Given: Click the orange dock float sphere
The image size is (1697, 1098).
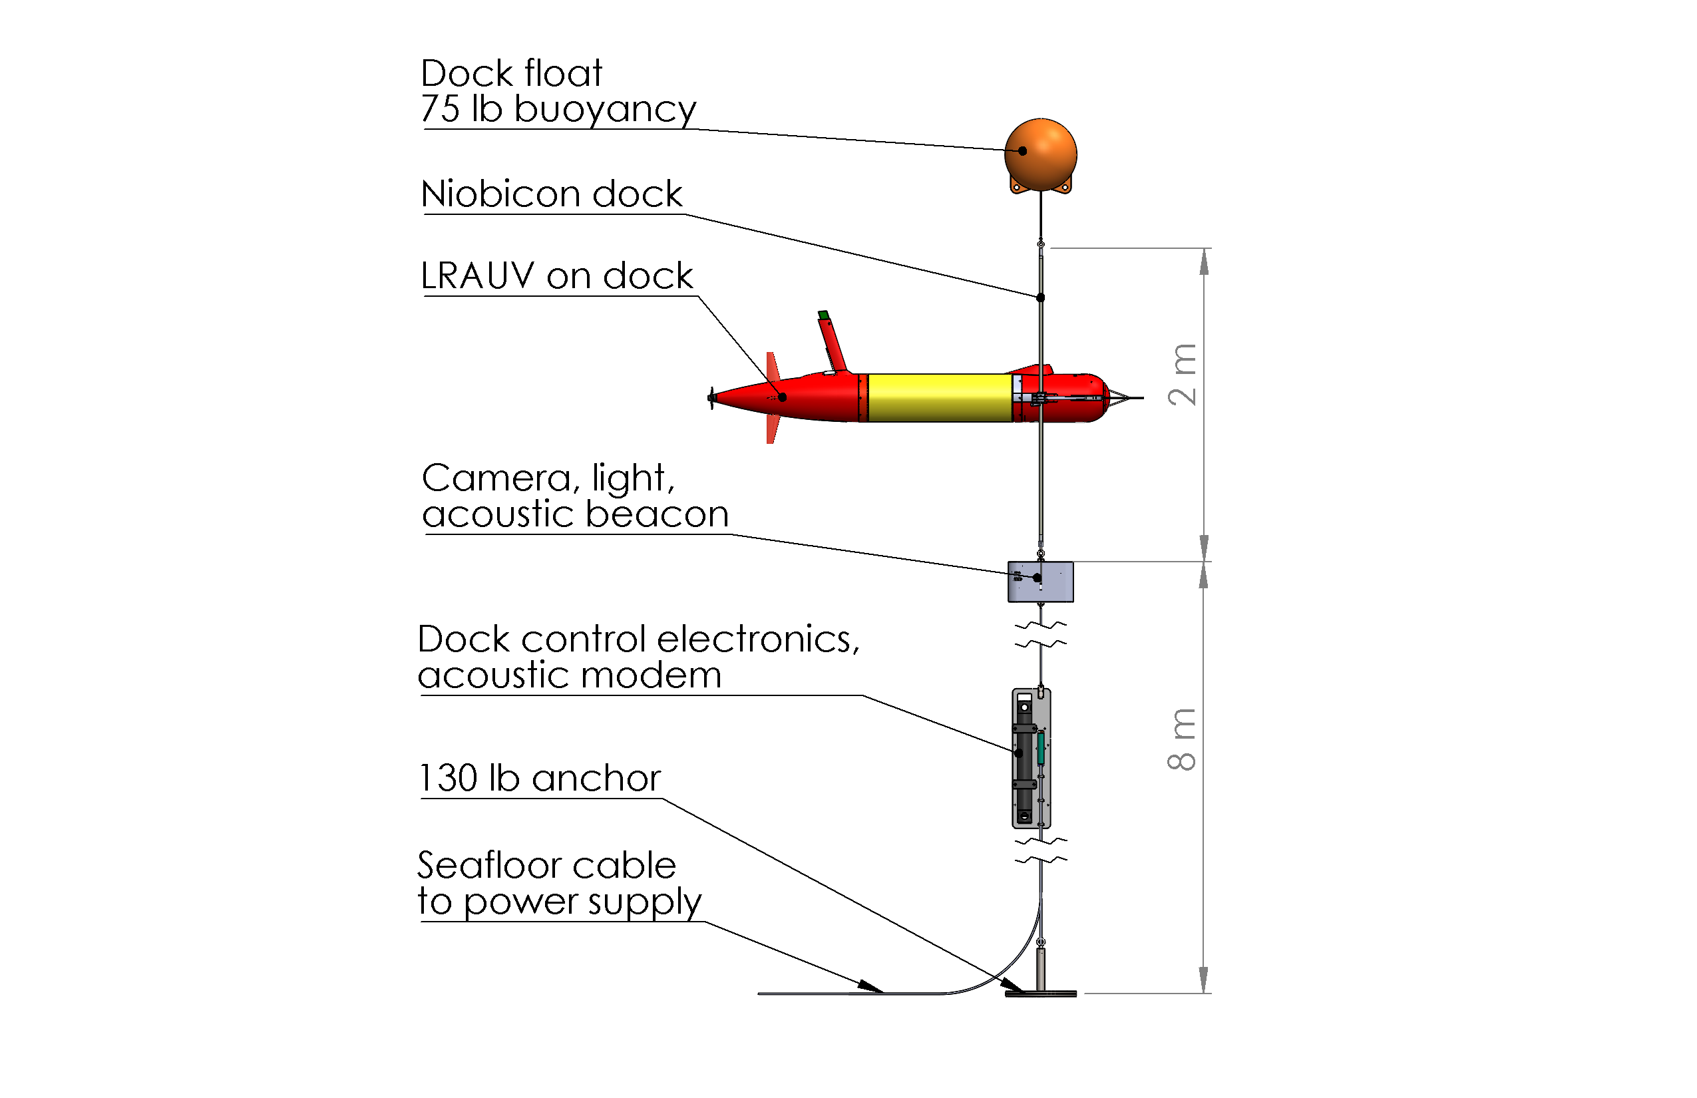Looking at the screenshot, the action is coord(1040,154).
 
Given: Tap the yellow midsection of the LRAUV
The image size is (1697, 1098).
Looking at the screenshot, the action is coord(940,398).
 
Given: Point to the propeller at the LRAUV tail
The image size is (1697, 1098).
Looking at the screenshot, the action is coord(711,398).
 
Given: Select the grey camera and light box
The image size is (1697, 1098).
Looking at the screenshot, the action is coord(1040,582).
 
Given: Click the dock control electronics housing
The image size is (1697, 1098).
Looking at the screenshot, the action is coord(1031,758).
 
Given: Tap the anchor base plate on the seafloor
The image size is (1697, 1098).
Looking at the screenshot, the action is coord(1040,993).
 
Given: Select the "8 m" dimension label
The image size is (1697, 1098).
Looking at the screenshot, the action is coord(1182,739).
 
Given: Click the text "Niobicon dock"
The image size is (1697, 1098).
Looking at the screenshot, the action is coord(552,194).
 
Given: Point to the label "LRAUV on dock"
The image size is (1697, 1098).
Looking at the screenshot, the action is coord(556,276).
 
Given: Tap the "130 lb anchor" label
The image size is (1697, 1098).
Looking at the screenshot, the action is coord(540,778).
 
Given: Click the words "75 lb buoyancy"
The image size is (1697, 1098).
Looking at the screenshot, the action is coord(558,110).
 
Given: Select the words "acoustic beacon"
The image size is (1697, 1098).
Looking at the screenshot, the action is coord(576,514).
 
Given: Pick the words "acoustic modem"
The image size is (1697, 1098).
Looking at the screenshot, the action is coord(570,675).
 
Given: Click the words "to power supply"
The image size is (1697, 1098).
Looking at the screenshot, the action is coord(560,902).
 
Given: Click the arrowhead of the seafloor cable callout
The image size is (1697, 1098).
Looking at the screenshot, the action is coord(870,986).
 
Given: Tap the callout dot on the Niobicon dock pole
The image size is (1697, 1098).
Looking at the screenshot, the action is coord(1040,297).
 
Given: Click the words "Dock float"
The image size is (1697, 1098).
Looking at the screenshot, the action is coord(511,73).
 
